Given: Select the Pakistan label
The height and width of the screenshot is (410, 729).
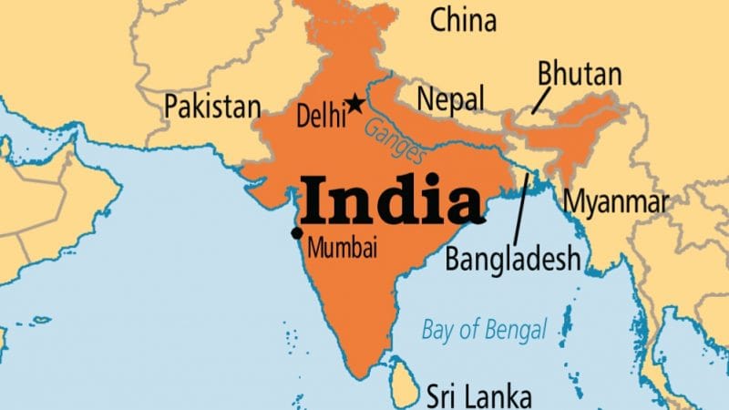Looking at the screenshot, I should coord(212,107).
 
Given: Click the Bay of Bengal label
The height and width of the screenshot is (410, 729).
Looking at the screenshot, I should coord(484,329).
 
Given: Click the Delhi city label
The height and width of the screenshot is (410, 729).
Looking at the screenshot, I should coord(322,116).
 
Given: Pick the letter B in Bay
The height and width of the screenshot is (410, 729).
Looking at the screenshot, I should coord(428,329).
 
